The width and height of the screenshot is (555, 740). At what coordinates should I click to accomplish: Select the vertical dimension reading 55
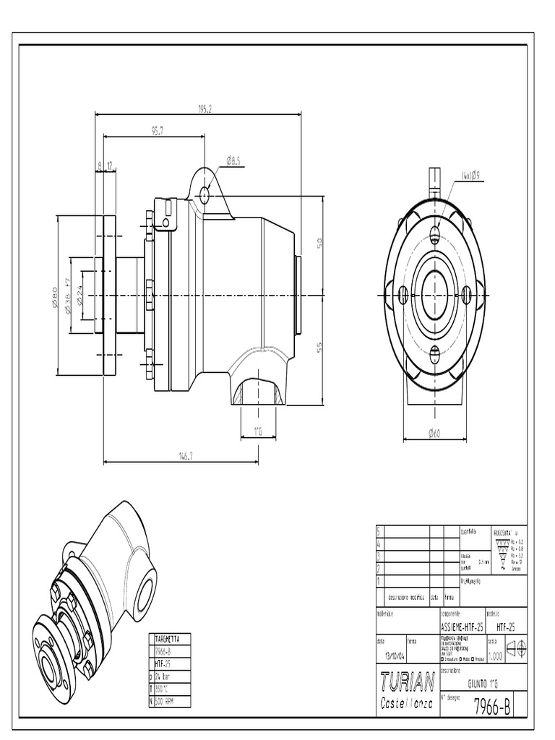[319, 347]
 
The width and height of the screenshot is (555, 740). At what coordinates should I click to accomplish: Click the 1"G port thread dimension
[257, 431]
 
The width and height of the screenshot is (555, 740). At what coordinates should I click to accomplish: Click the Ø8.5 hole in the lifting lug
[205, 194]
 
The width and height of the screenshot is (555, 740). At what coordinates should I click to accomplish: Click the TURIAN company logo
[407, 681]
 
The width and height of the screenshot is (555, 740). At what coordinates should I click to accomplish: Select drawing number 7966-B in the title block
[493, 707]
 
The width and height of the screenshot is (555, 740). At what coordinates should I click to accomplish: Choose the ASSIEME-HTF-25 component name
[461, 628]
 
